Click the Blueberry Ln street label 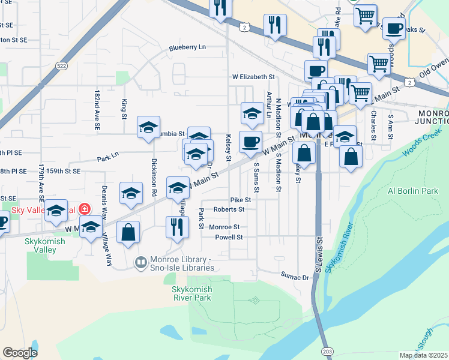[x=187, y=47]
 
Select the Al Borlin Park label [x=413, y=191]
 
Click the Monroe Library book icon [x=140, y=262]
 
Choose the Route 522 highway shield [x=61, y=65]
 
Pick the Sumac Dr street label [x=295, y=277]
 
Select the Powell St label [x=229, y=238]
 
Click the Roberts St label [x=229, y=209]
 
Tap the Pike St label [x=240, y=199]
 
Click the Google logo [x=20, y=353]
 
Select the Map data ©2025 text [x=423, y=355]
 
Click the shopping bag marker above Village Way [x=128, y=233]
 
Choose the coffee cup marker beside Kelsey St [x=250, y=142]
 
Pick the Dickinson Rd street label [x=154, y=178]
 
